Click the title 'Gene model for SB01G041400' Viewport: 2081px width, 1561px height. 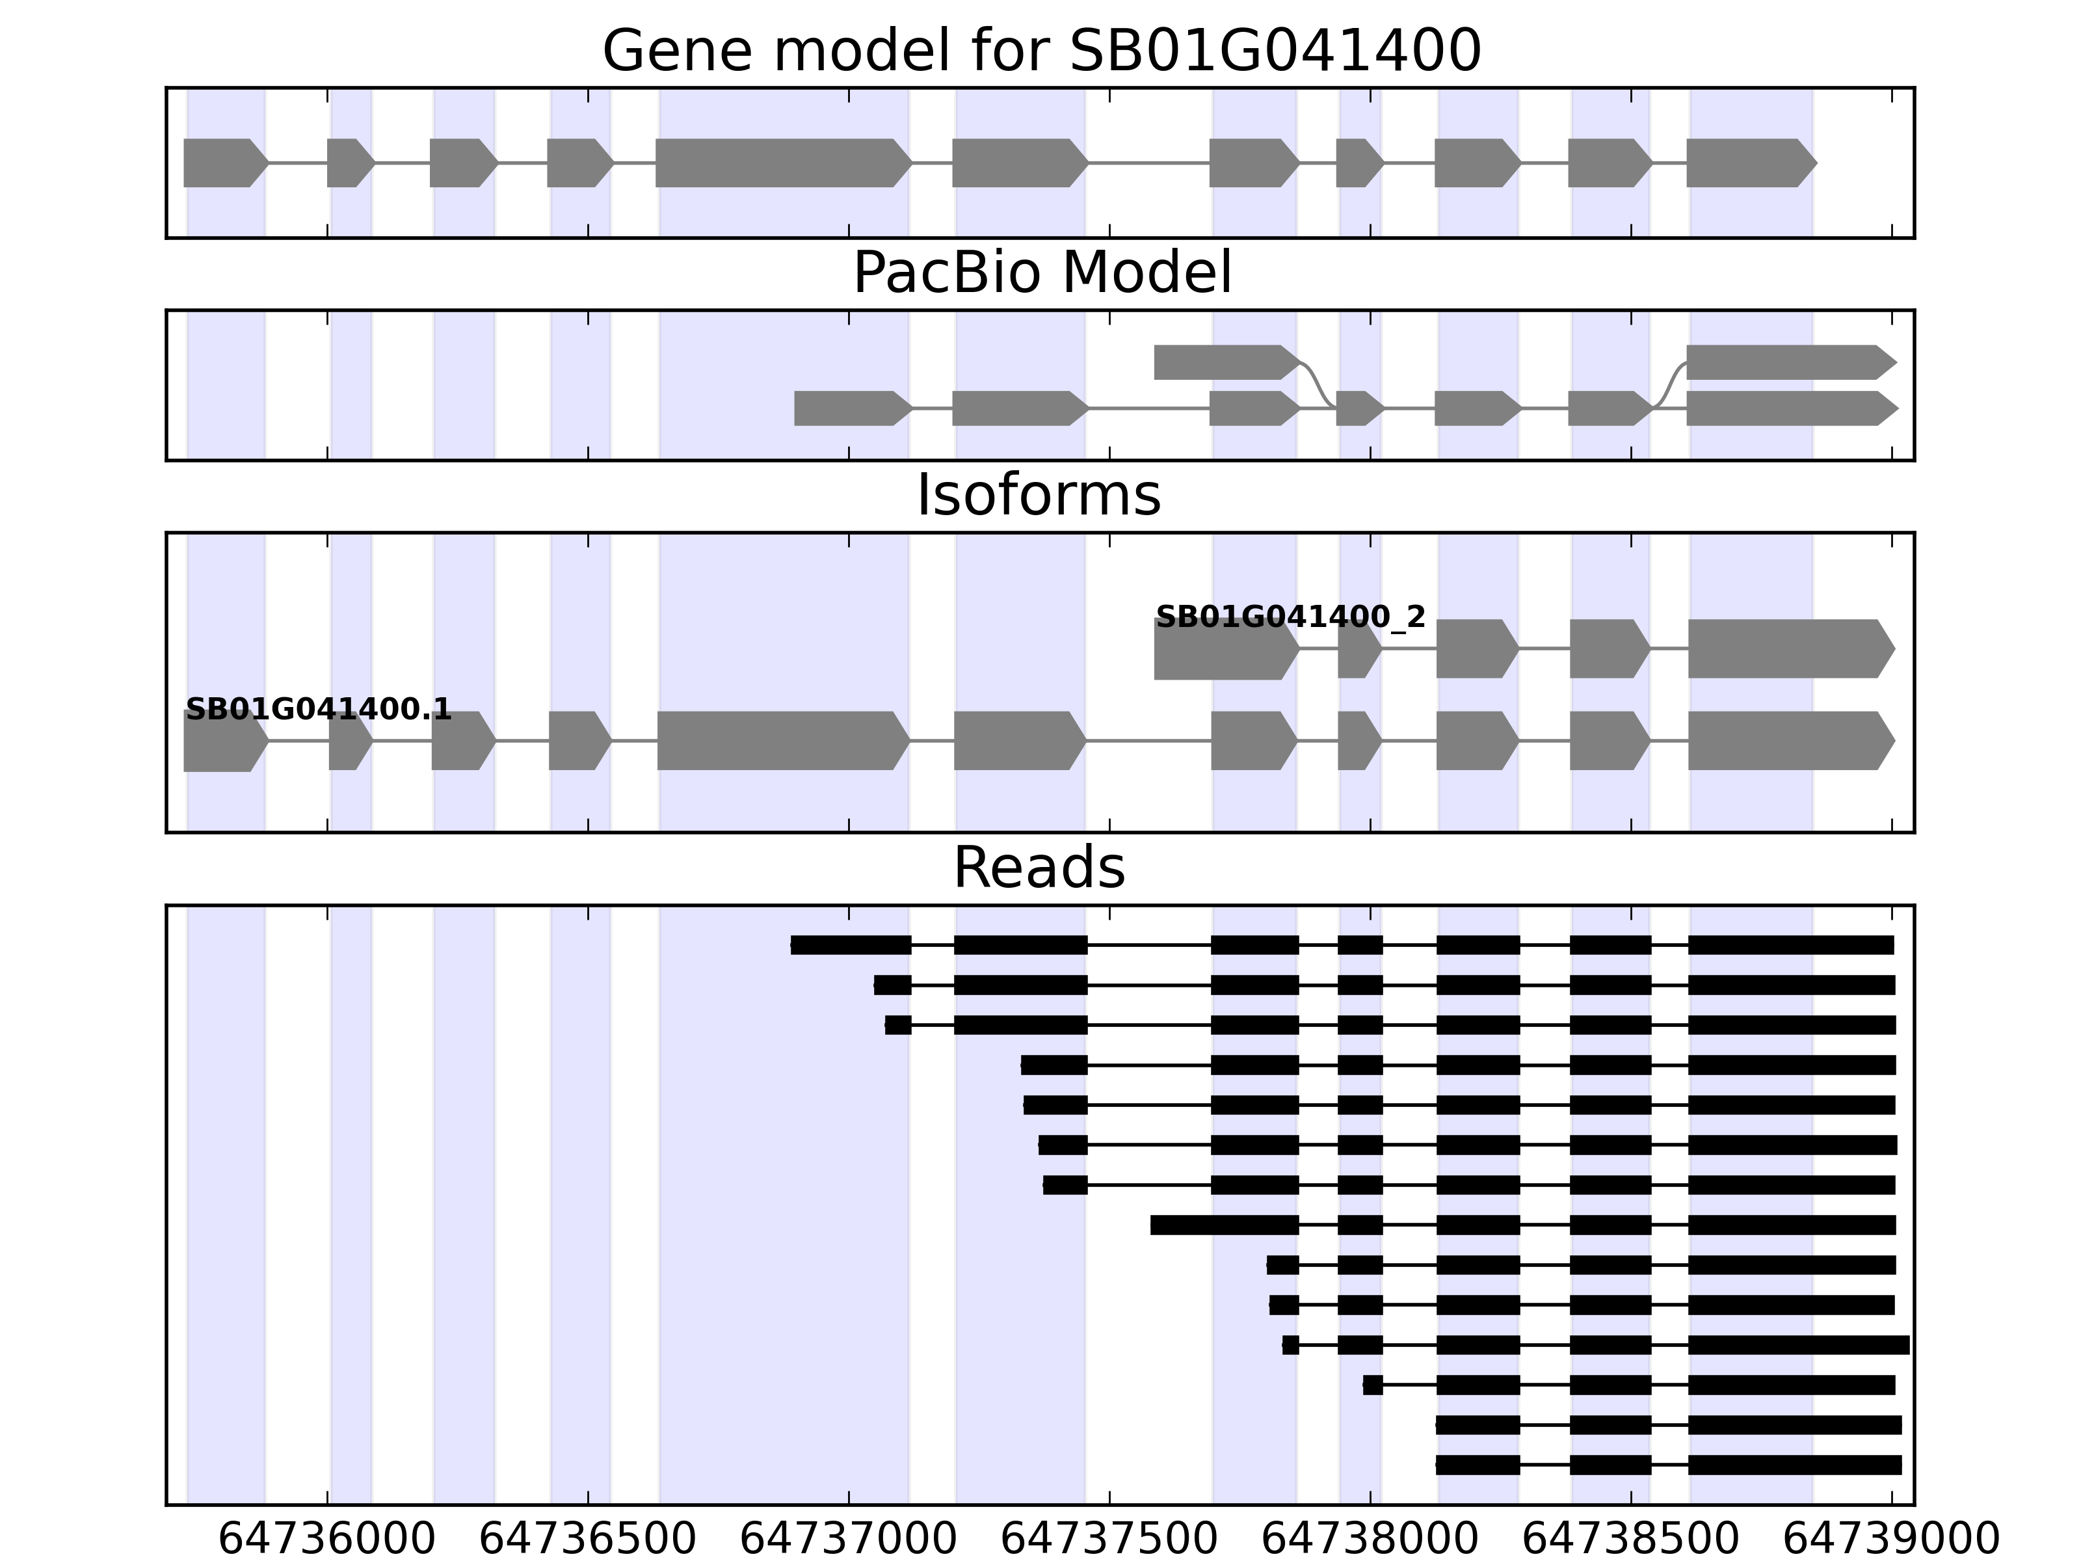[1040, 51]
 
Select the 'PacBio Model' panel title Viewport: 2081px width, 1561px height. [1040, 273]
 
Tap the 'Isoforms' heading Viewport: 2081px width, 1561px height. [1039, 496]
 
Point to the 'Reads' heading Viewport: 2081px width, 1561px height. [1039, 868]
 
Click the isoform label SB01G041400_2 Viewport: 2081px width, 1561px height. [1290, 617]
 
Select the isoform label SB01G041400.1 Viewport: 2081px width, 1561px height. [318, 710]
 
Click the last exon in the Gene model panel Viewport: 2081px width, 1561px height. [1748, 163]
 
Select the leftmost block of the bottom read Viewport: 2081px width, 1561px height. [1477, 1465]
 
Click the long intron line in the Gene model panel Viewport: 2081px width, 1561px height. [1148, 163]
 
